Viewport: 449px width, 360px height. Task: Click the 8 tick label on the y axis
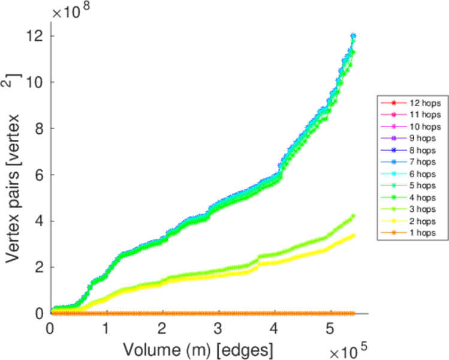click(38, 128)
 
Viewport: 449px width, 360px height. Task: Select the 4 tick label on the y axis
click(38, 221)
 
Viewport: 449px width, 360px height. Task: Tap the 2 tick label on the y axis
click(38, 267)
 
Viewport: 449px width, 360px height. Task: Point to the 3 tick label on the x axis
click(218, 328)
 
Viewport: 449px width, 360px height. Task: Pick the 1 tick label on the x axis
click(106, 328)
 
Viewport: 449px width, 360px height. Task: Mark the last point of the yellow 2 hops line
click(353, 235)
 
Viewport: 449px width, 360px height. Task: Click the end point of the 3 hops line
click(353, 216)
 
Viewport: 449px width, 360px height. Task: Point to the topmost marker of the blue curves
click(353, 36)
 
